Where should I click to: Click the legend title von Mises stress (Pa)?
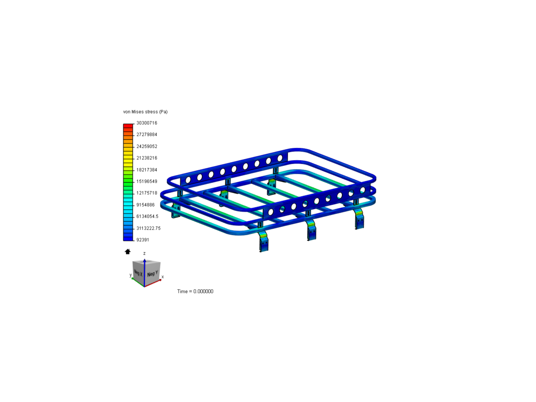point(145,112)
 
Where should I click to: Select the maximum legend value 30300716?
point(147,123)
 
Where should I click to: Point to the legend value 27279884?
point(147,134)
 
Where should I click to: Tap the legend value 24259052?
point(147,146)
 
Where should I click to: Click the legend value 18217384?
point(147,170)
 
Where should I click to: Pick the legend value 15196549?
point(147,181)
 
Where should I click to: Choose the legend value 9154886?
point(145,205)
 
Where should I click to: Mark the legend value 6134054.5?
point(147,216)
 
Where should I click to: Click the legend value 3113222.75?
point(148,228)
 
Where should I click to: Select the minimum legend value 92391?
point(143,240)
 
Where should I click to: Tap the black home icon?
point(128,252)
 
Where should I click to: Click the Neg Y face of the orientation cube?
point(152,274)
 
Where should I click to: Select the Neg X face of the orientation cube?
point(138,273)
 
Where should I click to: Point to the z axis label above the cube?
point(144,253)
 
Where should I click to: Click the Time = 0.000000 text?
point(195,291)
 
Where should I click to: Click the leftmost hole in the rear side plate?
point(188,180)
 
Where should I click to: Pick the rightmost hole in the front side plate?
point(363,190)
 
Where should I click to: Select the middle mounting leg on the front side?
point(311,230)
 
